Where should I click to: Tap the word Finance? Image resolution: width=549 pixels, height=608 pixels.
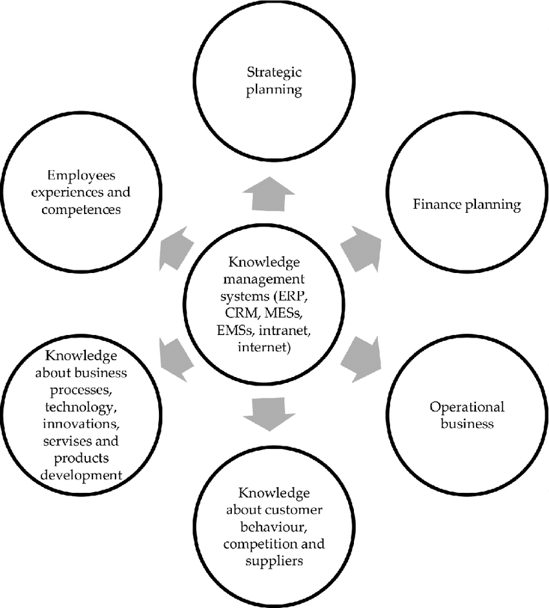(x=437, y=205)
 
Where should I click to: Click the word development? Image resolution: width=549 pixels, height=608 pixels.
(x=81, y=476)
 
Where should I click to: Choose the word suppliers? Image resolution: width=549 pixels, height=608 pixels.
(x=273, y=560)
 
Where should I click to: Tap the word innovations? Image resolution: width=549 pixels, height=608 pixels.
(x=81, y=425)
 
